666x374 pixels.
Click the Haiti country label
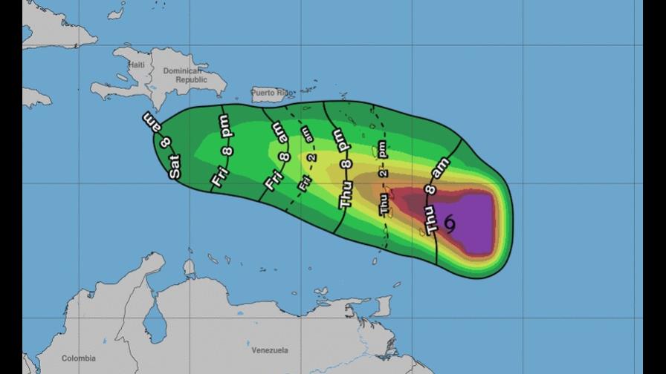click(135, 65)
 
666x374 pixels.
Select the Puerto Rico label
click(272, 93)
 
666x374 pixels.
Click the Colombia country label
click(78, 358)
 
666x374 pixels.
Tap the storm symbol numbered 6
click(450, 221)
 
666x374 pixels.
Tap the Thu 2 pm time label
click(383, 178)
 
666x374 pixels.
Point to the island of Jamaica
click(36, 97)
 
